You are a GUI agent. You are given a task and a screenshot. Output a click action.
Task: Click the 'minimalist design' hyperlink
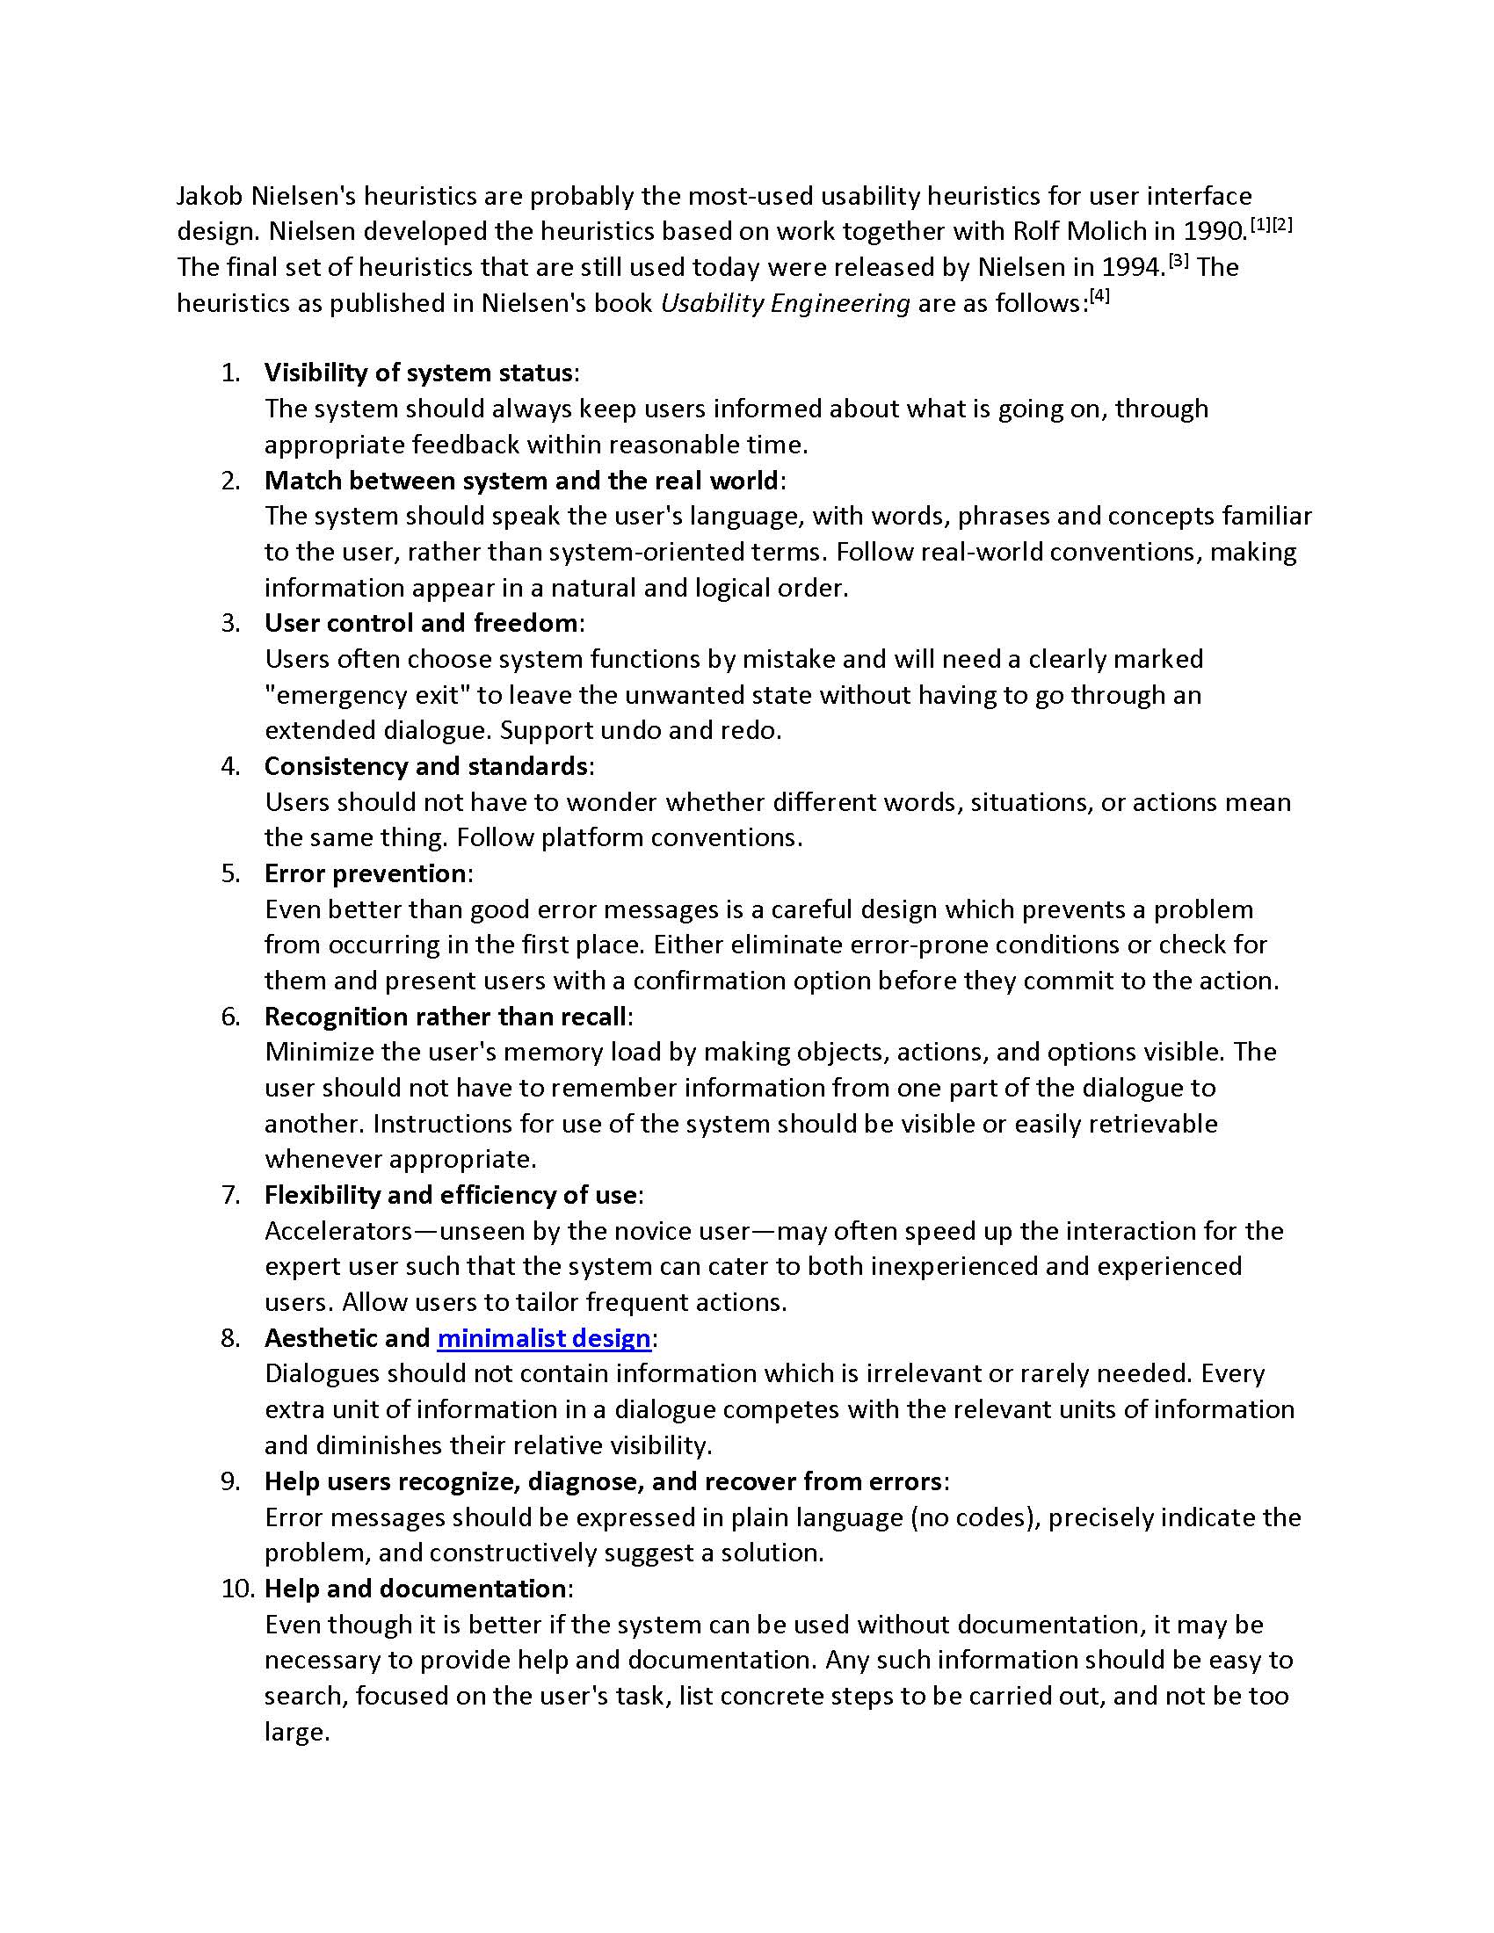click(x=543, y=1338)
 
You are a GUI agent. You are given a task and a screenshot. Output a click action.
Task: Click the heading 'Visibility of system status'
click(x=417, y=373)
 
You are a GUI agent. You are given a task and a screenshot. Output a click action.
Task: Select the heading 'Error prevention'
click(x=365, y=873)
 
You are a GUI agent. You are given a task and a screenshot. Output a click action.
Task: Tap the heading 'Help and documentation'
click(x=415, y=1589)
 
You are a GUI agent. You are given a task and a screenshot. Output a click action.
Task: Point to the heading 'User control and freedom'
click(x=420, y=623)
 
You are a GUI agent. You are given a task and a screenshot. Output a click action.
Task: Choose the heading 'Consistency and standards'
click(x=425, y=765)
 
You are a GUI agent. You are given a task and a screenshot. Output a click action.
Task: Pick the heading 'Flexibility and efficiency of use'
click(x=450, y=1195)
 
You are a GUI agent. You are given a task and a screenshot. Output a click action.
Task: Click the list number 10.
click(x=237, y=1589)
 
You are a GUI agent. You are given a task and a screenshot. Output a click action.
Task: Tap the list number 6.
click(x=230, y=1016)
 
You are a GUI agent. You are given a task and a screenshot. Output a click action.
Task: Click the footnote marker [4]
click(x=1099, y=296)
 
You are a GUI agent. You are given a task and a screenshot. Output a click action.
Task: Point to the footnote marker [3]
click(x=1178, y=260)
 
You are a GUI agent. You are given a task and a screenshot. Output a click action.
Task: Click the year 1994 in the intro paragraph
click(x=1134, y=267)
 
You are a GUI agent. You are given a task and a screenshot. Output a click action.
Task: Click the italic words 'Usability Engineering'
click(x=785, y=304)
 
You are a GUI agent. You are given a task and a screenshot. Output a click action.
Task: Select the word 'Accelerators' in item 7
click(x=338, y=1231)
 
